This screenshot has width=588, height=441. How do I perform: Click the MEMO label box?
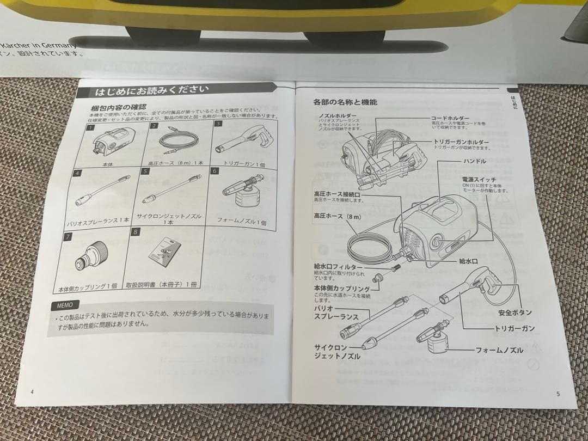tap(65, 304)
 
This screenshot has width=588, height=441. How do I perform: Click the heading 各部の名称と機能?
tap(337, 102)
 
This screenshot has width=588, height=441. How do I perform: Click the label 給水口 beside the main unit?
tap(467, 261)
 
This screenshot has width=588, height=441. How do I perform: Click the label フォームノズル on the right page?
tap(499, 350)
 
